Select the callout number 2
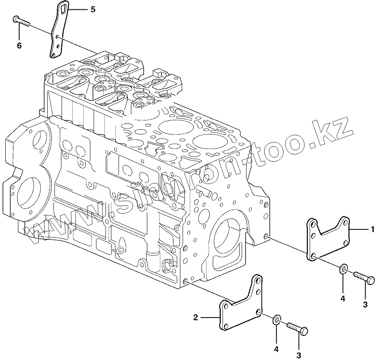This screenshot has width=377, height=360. (196, 316)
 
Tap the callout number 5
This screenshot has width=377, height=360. (93, 9)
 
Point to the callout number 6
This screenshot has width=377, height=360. (19, 45)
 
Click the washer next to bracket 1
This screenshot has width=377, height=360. (344, 269)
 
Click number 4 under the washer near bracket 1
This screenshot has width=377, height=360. (343, 299)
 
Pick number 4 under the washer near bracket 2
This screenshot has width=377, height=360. (276, 349)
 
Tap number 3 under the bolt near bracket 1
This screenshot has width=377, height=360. (366, 304)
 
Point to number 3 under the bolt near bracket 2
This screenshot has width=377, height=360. (299, 355)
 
